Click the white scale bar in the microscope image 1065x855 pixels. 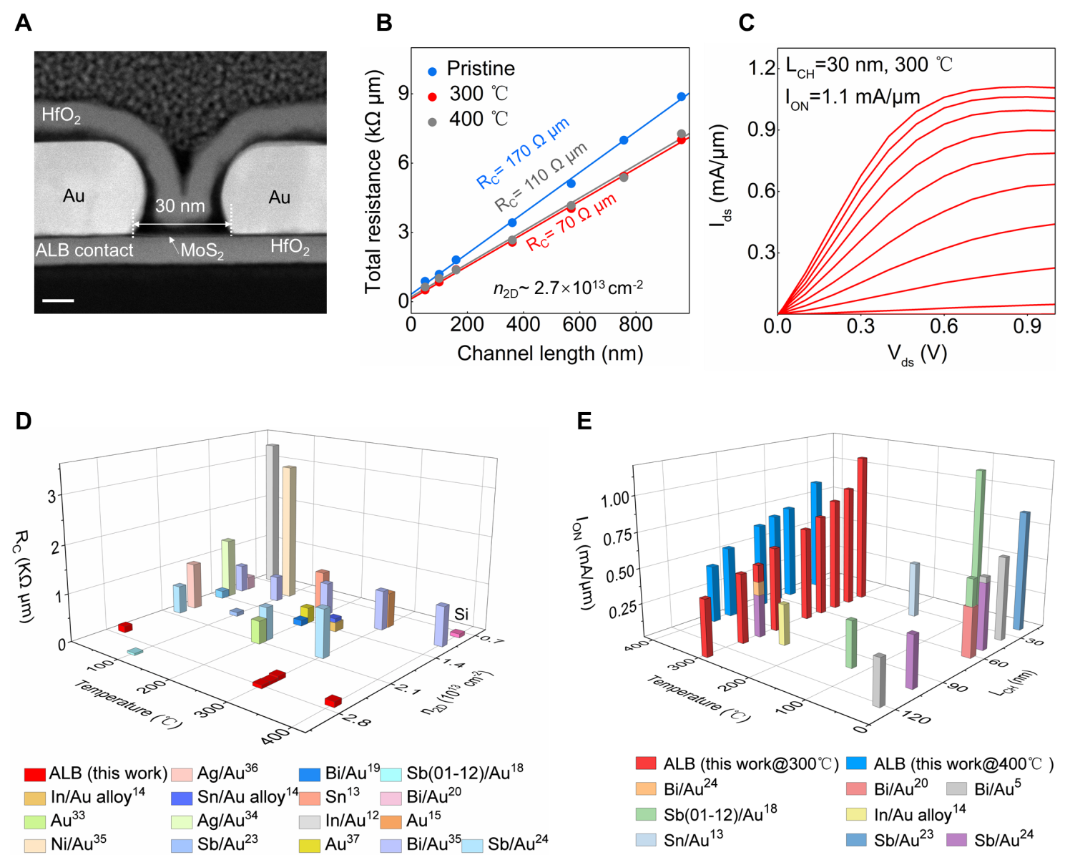pos(58,301)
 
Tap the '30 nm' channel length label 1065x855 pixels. pos(180,206)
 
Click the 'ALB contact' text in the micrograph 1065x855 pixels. pos(84,250)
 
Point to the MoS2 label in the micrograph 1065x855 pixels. pos(202,250)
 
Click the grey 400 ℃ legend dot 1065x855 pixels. pos(432,122)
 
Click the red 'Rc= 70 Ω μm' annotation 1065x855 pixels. pos(571,222)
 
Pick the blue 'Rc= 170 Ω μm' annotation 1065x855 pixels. pos(523,153)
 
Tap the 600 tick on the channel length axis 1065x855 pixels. pos(579,325)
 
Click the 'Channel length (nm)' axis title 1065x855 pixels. pos(550,353)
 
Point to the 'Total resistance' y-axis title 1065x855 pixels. pos(373,182)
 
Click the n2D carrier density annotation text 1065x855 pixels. pos(568,288)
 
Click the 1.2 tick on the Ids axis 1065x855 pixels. pos(761,68)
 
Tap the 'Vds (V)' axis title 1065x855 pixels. pos(917,353)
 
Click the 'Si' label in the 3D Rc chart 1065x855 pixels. pos(461,614)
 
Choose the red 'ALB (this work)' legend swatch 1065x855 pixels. pos(34,774)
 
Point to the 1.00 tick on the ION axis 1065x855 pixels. pos(614,499)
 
